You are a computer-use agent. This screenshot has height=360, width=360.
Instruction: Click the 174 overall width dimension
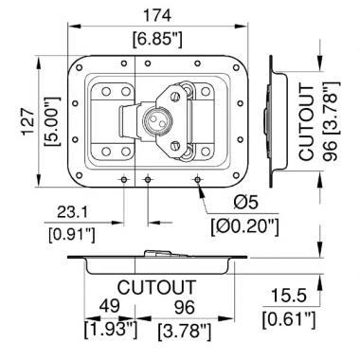point(157,15)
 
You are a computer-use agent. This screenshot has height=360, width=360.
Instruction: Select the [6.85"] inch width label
point(157,40)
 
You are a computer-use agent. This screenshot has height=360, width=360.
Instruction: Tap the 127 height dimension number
point(29,121)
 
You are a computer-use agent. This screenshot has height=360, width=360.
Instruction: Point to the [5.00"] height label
point(52,121)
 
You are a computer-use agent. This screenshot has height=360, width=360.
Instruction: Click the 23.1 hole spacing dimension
point(72,212)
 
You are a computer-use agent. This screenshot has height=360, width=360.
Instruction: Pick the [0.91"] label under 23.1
point(72,235)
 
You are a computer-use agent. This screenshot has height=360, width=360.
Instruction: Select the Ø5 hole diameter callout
point(245,203)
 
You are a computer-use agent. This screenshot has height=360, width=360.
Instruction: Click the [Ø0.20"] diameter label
point(245,227)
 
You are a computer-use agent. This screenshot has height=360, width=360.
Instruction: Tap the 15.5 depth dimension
point(289,297)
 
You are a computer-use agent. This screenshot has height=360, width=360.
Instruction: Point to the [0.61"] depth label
point(289,319)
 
